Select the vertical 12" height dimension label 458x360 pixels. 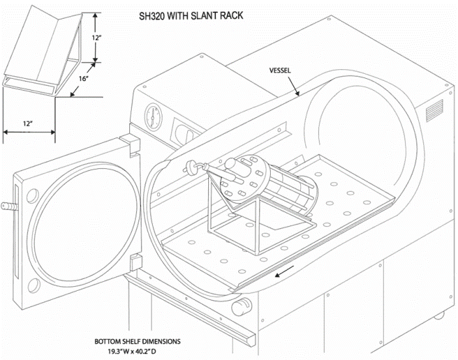97,38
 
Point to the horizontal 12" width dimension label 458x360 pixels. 28,123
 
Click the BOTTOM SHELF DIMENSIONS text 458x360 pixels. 137,341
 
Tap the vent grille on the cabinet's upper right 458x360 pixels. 435,114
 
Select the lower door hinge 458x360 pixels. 134,263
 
